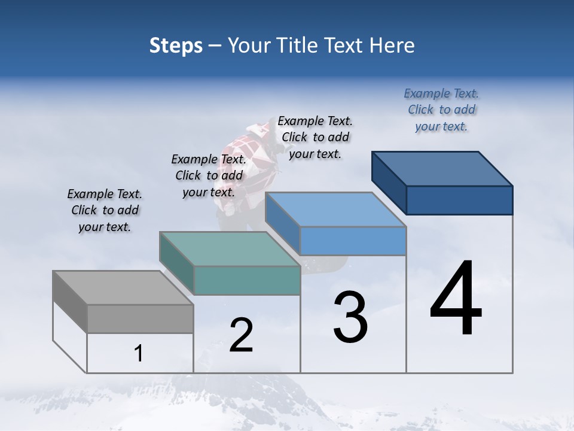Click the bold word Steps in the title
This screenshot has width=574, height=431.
176,45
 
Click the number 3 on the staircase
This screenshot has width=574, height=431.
350,317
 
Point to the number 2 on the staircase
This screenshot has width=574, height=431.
241,335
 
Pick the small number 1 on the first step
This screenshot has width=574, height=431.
138,354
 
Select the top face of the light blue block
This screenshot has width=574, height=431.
335,210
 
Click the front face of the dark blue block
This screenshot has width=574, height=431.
459,200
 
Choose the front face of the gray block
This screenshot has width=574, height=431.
140,319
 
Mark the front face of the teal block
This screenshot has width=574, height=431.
247,280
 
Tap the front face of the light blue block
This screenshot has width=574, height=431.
353,241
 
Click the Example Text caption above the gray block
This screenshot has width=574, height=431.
105,210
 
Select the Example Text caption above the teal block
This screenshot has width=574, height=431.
209,175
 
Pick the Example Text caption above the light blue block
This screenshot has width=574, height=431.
315,137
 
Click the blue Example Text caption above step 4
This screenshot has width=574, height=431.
441,110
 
